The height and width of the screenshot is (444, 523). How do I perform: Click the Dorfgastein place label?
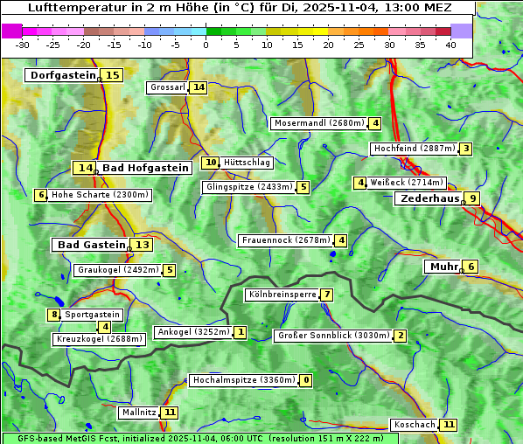pos(62,75)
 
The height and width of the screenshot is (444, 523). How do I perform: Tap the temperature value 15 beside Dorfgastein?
pos(113,75)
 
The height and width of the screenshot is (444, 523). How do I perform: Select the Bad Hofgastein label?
pos(144,168)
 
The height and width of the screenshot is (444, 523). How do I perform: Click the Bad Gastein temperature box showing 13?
pos(142,245)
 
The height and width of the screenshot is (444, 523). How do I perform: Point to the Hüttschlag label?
pos(248,163)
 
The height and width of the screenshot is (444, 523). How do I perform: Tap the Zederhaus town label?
pos(429,198)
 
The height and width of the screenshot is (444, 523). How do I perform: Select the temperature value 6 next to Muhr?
pos(471,267)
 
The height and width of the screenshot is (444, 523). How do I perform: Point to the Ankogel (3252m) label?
pos(192,332)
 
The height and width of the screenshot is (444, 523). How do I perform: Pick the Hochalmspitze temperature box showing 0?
pos(305,380)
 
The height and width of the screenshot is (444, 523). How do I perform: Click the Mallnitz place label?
pos(139,412)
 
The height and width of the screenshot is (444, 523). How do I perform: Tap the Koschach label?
pos(414,425)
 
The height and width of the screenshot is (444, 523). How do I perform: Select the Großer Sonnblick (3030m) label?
pos(332,336)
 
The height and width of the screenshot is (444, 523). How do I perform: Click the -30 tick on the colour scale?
pos(23,45)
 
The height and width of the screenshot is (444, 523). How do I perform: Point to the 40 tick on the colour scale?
pos(450,45)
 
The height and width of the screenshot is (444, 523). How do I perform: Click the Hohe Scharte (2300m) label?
pos(100,195)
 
